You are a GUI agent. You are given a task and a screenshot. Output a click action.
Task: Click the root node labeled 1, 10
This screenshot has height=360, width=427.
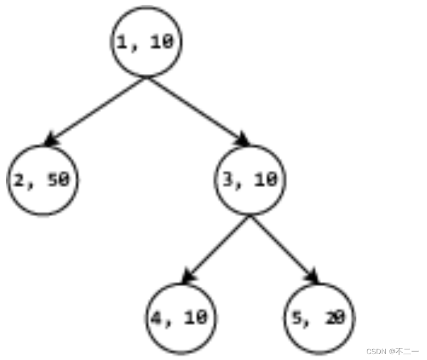click(x=146, y=42)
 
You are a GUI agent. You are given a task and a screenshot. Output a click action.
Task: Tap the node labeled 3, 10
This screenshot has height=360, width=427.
click(x=251, y=180)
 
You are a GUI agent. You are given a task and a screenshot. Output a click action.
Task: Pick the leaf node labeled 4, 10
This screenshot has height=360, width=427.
click(x=182, y=318)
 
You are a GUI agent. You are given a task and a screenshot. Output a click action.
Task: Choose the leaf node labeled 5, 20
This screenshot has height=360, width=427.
click(x=319, y=318)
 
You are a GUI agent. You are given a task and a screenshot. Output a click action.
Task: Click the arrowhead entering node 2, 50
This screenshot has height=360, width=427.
click(x=51, y=140)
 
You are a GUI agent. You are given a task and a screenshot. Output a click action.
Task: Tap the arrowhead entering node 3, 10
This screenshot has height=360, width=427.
click(x=242, y=140)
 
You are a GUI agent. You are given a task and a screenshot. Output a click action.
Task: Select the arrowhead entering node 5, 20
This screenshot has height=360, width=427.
click(x=313, y=278)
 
